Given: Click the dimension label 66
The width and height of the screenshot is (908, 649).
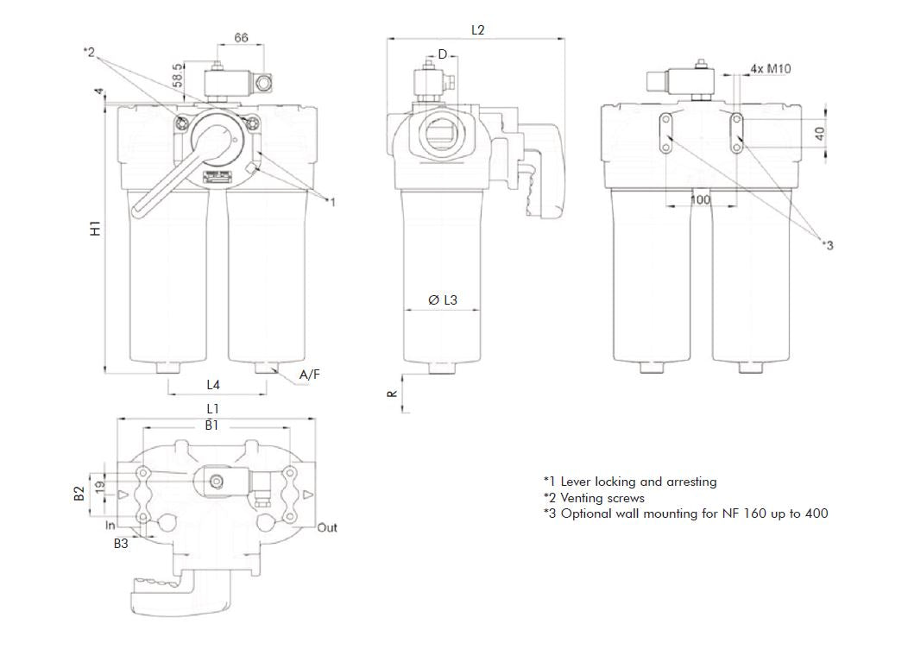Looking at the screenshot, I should (x=241, y=37).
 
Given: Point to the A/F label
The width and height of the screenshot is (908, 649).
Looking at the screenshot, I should (x=310, y=375).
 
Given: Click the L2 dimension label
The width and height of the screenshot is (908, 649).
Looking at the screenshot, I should (x=477, y=29).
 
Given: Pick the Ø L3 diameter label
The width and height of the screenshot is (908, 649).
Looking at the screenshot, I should (x=443, y=300).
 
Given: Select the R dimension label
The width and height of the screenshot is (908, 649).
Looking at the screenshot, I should (x=392, y=393).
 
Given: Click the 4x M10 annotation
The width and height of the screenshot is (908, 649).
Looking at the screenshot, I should (x=771, y=68).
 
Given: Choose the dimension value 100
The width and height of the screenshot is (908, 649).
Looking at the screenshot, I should (x=701, y=199).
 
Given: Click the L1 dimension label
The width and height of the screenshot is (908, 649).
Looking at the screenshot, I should (x=213, y=407).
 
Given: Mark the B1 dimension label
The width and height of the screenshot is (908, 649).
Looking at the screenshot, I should (x=211, y=425).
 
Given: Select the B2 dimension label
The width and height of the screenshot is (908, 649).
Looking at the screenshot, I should (x=79, y=494).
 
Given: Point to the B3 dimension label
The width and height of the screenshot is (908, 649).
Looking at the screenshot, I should (x=122, y=544).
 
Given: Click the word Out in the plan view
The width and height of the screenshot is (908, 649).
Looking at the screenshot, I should (x=327, y=527).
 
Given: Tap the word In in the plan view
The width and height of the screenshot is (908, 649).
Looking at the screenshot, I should (x=110, y=526).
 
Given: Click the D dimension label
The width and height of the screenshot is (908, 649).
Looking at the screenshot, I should (x=443, y=54).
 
